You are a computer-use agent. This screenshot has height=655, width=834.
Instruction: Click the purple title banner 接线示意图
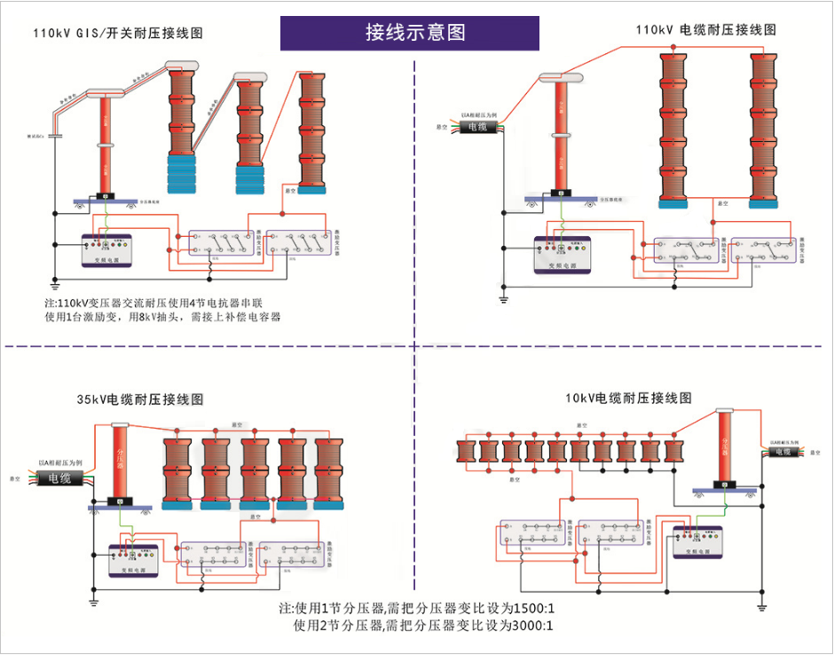415,33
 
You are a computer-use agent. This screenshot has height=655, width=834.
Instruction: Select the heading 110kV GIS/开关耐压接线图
118,34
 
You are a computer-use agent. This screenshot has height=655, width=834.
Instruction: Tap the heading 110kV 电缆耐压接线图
706,29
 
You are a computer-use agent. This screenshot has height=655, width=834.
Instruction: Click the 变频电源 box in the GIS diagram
106,250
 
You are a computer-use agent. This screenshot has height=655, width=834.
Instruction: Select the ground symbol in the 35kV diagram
93,603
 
